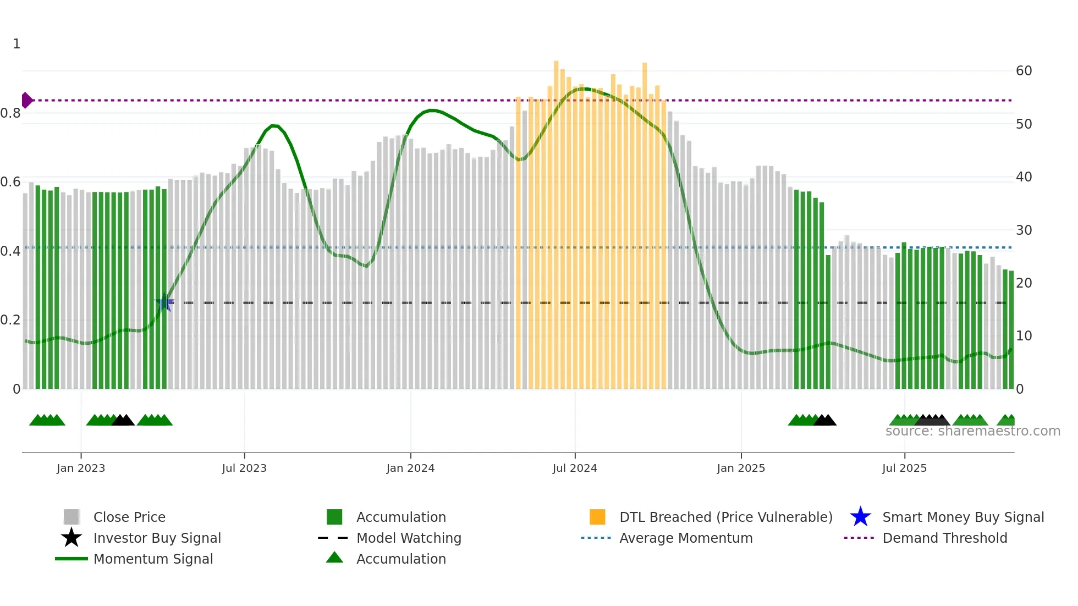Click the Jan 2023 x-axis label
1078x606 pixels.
tap(81, 468)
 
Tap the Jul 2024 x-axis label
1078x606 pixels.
tap(575, 468)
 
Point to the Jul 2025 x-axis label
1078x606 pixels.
tap(904, 468)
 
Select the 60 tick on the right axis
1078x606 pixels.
tap(1024, 71)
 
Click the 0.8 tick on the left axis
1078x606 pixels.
tap(10, 113)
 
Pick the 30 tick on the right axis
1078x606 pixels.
tap(1024, 230)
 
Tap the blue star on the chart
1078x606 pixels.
tap(164, 302)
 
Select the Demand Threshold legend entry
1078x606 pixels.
tap(944, 538)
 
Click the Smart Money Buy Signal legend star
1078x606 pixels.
tap(860, 517)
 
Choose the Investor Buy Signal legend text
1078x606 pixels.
tap(157, 538)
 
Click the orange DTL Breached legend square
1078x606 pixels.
tap(597, 517)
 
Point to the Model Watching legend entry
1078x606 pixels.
tap(409, 538)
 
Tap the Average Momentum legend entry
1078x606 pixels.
tap(686, 538)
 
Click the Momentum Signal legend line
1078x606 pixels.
tap(71, 559)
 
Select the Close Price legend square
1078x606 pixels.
tap(71, 517)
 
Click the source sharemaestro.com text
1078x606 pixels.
tap(972, 431)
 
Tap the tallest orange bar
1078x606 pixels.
tap(556, 220)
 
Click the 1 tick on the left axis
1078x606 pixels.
tap(16, 44)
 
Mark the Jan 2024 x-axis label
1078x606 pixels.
tap(410, 468)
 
